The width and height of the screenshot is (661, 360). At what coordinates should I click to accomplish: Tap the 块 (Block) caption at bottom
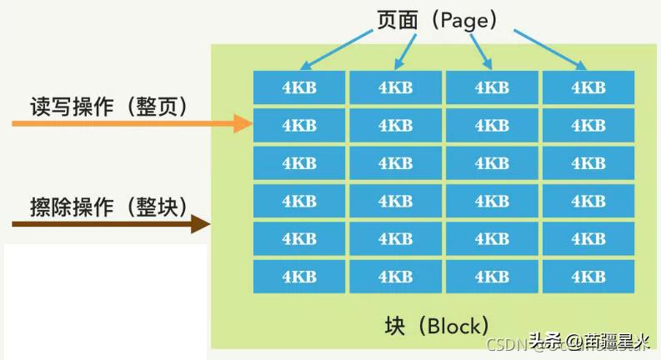437,325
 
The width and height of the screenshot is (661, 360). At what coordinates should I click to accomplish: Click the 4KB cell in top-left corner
299,87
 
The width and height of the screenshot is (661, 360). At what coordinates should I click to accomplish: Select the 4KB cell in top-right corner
588,87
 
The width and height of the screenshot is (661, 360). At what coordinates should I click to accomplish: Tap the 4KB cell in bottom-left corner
299,276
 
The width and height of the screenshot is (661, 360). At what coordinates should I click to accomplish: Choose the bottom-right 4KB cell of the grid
588,276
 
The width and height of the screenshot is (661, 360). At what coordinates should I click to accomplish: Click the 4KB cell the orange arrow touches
299,125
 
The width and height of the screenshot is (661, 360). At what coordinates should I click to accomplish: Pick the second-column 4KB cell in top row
395,87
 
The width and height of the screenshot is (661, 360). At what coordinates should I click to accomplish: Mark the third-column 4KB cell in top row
492,87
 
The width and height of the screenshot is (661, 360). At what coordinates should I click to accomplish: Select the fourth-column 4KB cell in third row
588,163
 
